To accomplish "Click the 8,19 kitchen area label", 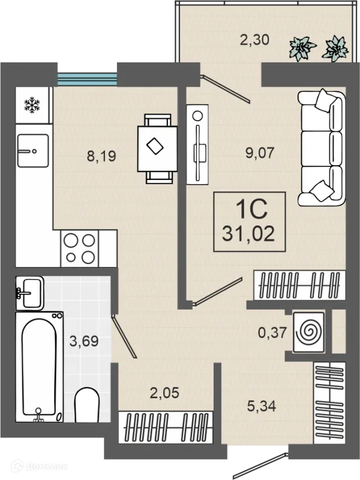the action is (101, 156).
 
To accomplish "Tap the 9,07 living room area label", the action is (260, 153).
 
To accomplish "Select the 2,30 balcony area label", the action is (254, 40).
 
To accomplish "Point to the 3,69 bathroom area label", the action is (84, 341).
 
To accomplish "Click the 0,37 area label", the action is (272, 332).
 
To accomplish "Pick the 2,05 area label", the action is (164, 393).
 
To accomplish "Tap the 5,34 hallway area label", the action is (262, 406).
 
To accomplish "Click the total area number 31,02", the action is (248, 235).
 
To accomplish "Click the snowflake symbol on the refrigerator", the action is (32, 106).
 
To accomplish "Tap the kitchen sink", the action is (33, 151).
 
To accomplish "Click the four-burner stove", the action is (80, 248).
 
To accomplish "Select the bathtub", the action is (40, 367).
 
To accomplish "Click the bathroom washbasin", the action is (29, 293).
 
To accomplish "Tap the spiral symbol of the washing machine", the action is (308, 332).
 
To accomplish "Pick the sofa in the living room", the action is (322, 148).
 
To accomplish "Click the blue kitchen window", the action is (88, 79).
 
